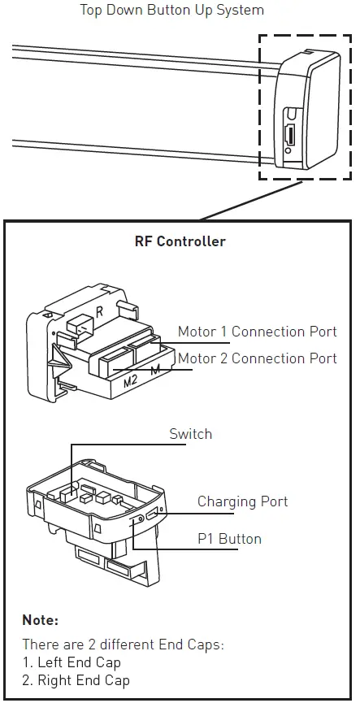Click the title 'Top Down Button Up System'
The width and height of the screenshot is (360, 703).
(171, 11)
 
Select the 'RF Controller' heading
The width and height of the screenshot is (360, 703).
(180, 241)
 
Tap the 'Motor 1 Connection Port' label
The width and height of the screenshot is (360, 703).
(257, 332)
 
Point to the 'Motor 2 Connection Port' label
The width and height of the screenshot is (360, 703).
(257, 358)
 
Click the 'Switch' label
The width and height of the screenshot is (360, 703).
(190, 434)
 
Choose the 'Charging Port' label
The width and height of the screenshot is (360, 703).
(242, 501)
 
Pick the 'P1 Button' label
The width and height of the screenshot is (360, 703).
(229, 539)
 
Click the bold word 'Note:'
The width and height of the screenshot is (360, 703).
(41, 620)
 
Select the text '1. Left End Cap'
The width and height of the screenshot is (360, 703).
(72, 662)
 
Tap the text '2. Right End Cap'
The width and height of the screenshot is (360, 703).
(76, 679)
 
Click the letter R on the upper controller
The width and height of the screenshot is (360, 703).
(98, 310)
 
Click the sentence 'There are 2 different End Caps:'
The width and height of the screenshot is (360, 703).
(123, 644)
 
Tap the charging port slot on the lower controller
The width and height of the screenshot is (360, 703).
(151, 512)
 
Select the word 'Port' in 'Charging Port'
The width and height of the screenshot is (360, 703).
(273, 501)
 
